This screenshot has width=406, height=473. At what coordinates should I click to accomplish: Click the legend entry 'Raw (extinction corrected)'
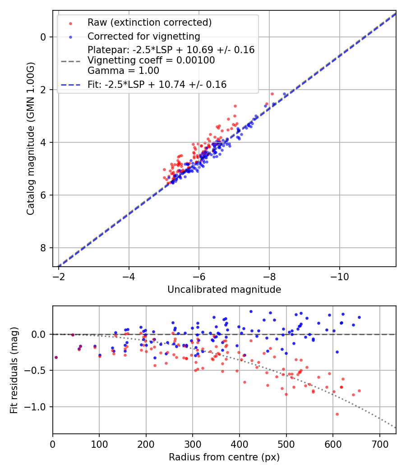pyautogui.click(x=149, y=23)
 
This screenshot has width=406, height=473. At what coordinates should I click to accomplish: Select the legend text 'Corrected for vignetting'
pyautogui.click(x=143, y=36)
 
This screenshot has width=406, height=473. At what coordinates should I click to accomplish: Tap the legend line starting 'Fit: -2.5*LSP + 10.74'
pyautogui.click(x=157, y=84)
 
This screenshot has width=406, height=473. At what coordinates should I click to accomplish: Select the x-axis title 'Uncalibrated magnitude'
pyautogui.click(x=224, y=290)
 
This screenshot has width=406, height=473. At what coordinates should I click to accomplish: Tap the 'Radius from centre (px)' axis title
pyautogui.click(x=224, y=457)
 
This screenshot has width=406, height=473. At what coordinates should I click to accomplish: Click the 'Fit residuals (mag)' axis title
pyautogui.click(x=14, y=370)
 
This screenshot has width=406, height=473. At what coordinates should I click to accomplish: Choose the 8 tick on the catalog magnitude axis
pyautogui.click(x=43, y=248)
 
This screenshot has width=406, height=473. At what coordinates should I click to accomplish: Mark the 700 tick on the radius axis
pyautogui.click(x=379, y=444)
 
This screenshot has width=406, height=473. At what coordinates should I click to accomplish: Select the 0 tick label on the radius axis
pyautogui.click(x=53, y=444)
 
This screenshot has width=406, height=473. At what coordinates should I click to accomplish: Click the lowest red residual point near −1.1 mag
pyautogui.click(x=337, y=414)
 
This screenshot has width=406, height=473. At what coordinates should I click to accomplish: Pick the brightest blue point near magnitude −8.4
pyautogui.click(x=284, y=94)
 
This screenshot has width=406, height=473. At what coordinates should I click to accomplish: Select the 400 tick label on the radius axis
pyautogui.click(x=240, y=444)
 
